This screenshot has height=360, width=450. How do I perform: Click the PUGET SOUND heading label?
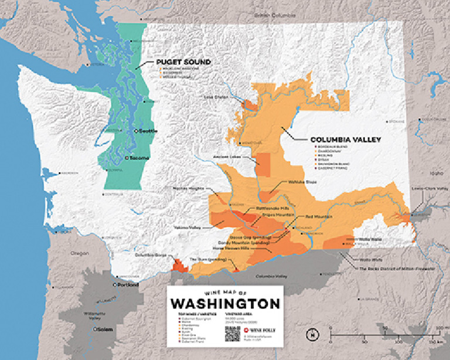pyautogui.click(x=183, y=62)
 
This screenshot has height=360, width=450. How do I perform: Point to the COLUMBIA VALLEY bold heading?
pyautogui.click(x=346, y=140)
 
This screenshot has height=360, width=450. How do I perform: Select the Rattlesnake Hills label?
pyautogui.click(x=270, y=208)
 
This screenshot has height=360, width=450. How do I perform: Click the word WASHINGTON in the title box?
pyautogui.click(x=225, y=304)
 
